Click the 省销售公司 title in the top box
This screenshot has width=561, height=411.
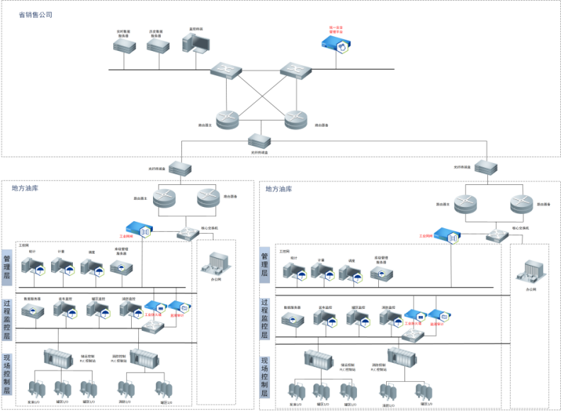(x=35, y=15)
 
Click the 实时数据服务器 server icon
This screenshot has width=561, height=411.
(x=124, y=45)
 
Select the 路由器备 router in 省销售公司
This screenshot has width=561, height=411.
(x=297, y=120)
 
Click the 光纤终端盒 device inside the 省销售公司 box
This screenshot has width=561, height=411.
(x=260, y=141)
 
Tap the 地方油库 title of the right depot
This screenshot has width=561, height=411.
(x=278, y=189)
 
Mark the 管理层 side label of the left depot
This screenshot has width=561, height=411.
(x=7, y=268)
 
